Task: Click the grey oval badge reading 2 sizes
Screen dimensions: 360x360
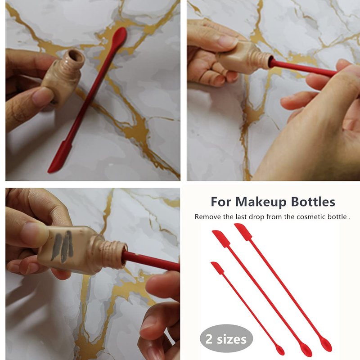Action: click(226, 339)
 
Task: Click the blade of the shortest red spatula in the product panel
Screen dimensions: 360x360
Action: click(217, 268)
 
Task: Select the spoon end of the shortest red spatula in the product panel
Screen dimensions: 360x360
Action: click(280, 351)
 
